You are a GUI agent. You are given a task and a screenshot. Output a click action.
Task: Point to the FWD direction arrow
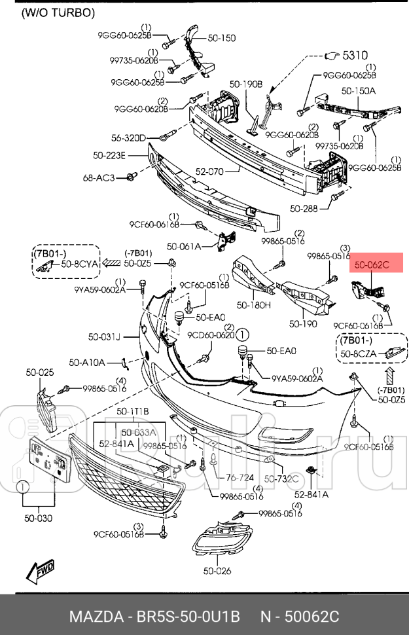pyautogui.click(x=41, y=571)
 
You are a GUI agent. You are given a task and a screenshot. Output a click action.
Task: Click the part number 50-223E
pyautogui.click(x=109, y=155)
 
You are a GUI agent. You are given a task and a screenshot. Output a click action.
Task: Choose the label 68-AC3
pyautogui.click(x=99, y=177)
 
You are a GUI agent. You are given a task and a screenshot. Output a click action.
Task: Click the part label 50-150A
pyautogui.click(x=358, y=91)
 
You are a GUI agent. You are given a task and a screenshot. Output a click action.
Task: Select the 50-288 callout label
pyautogui.click(x=304, y=209)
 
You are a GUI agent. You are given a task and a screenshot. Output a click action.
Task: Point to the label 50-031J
pyautogui.click(x=105, y=337)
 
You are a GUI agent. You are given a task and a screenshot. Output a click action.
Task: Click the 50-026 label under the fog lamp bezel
pyautogui.click(x=217, y=571)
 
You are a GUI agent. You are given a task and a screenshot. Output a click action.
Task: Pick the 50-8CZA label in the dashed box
pyautogui.click(x=359, y=354)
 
